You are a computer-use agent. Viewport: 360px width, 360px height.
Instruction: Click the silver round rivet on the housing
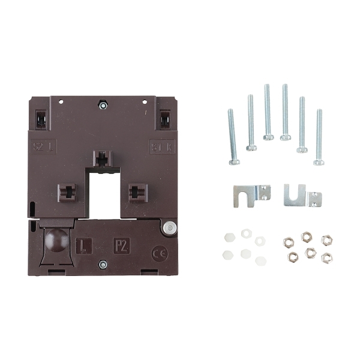(x=170, y=227)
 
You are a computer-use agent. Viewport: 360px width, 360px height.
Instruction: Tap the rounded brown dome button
(x=55, y=240)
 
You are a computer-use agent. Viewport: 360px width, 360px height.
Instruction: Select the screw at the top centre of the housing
(x=103, y=106)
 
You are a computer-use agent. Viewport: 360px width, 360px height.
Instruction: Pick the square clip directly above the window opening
(x=103, y=159)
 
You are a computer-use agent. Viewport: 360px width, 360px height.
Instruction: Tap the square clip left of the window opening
(x=66, y=193)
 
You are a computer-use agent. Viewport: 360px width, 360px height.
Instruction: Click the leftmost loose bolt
(x=232, y=136)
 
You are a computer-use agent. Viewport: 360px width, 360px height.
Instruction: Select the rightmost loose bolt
(x=319, y=137)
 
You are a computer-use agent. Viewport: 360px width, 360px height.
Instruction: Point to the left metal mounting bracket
(x=251, y=194)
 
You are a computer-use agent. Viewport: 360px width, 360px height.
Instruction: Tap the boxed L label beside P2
(x=85, y=247)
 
